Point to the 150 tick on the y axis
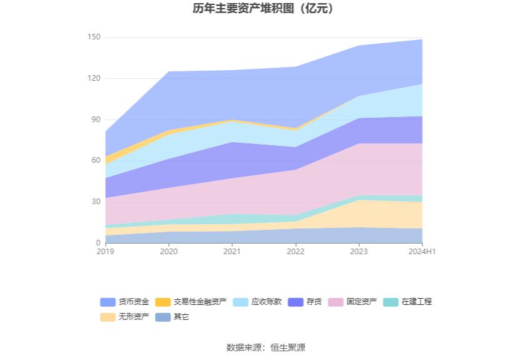[93, 38]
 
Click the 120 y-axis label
[93, 78]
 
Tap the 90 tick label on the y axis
[95, 120]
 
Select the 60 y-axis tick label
[95, 160]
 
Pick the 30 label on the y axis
[95, 202]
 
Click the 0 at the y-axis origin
[98, 243]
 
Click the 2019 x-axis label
[106, 252]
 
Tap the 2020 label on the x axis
[169, 252]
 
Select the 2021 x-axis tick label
[232, 252]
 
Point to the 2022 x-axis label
[295, 252]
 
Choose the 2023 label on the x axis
[359, 252]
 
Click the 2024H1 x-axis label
[422, 252]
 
